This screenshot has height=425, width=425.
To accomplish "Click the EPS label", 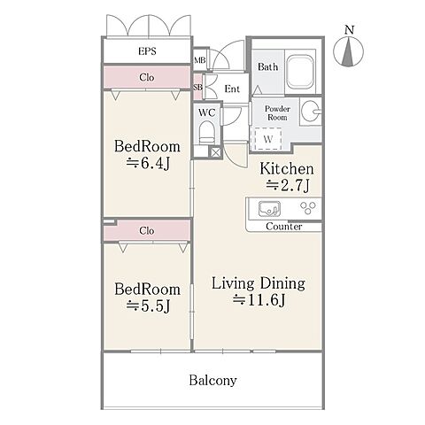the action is click(147, 51).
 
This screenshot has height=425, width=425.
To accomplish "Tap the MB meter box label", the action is click(200, 60).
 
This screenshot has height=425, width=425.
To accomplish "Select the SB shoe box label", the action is click(197, 88).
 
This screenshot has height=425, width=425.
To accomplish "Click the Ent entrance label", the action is click(232, 89).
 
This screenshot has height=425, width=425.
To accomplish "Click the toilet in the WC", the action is click(206, 133).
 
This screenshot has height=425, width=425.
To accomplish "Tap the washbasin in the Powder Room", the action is click(311, 112).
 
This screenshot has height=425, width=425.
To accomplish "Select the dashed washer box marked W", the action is click(267, 139).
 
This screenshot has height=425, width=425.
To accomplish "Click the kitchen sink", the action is click(269, 209).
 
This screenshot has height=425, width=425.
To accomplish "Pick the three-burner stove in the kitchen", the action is click(308, 207).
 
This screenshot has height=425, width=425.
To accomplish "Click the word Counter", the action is click(284, 227).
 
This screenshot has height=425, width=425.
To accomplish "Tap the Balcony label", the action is click(212, 381).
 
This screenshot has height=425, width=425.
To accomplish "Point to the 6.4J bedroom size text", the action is click(149, 163).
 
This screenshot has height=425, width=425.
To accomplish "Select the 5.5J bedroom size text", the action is click(149, 305).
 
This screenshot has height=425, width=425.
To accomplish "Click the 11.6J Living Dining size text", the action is click(259, 300).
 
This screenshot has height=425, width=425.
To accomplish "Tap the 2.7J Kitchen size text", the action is click(288, 185).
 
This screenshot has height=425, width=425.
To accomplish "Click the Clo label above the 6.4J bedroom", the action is click(147, 77).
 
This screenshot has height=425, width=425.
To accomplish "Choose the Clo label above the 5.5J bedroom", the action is click(147, 230).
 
